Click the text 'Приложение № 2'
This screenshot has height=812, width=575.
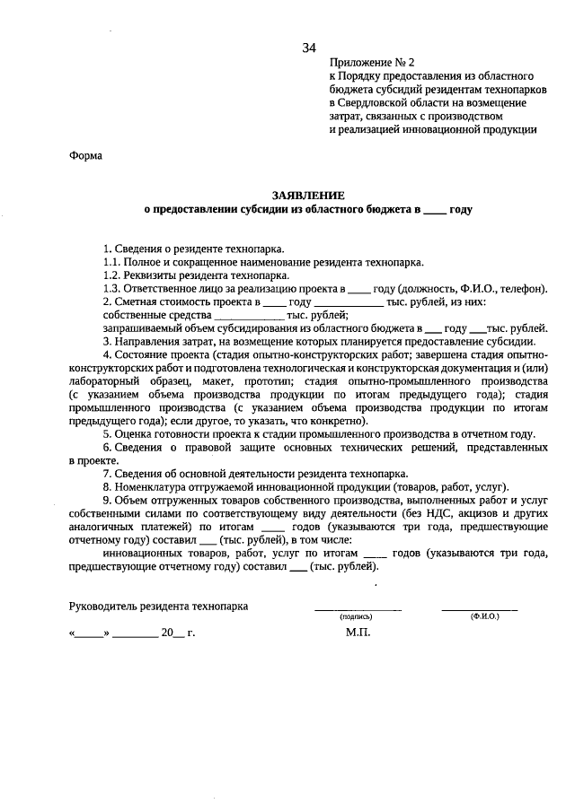[x=372, y=63]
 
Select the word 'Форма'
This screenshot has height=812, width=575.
[x=86, y=156]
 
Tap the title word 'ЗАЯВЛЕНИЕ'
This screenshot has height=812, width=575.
[x=308, y=195]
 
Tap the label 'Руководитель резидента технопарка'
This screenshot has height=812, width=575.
[x=159, y=607]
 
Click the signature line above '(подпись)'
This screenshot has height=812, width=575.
[x=357, y=610]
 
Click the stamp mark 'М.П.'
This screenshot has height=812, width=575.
[x=358, y=632]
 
